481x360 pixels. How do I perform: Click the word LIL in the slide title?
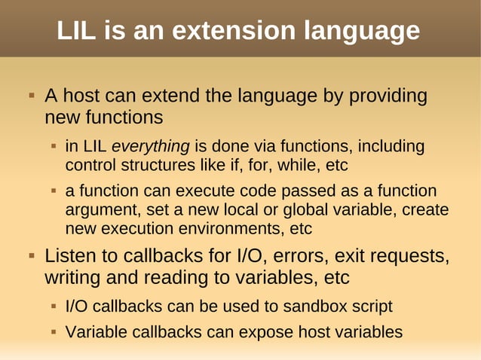(x=78, y=31)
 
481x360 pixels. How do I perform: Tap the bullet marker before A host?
(x=32, y=97)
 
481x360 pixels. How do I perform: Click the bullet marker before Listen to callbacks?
(x=32, y=256)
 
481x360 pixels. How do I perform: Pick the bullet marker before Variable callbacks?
(x=54, y=331)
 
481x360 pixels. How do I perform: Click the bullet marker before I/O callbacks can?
(x=54, y=307)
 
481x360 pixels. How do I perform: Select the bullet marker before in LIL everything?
(x=54, y=146)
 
